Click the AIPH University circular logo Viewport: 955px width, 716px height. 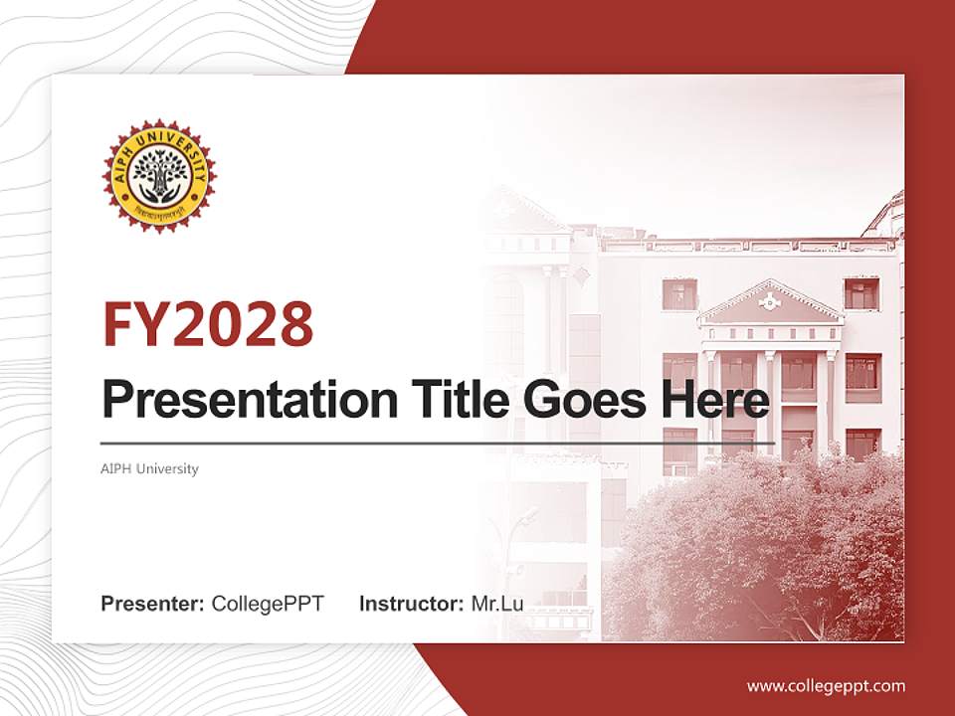pyautogui.click(x=159, y=175)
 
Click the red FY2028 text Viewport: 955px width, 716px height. pyautogui.click(x=208, y=323)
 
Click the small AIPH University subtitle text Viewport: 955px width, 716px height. pyautogui.click(x=149, y=468)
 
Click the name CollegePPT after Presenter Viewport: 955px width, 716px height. pyautogui.click(x=268, y=603)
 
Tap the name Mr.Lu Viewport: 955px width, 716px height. pyautogui.click(x=497, y=603)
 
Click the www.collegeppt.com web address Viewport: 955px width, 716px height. pyautogui.click(x=826, y=686)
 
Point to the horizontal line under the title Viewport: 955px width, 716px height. pyautogui.click(x=438, y=443)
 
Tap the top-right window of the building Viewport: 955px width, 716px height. pyautogui.click(x=861, y=293)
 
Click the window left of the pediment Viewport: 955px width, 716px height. pyautogui.click(x=680, y=293)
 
